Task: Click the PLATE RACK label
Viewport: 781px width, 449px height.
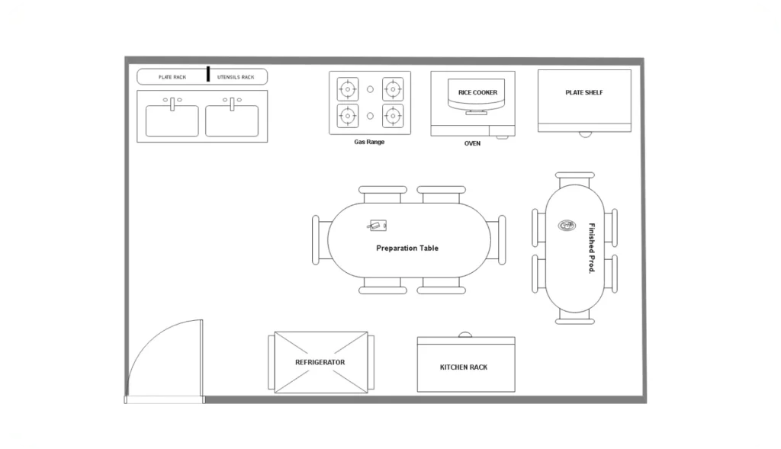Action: click(172, 77)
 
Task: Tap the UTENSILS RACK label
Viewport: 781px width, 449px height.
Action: click(236, 77)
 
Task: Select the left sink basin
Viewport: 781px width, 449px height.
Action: click(172, 120)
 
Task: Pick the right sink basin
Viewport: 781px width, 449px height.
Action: click(232, 120)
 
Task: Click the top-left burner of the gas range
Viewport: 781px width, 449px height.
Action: click(348, 89)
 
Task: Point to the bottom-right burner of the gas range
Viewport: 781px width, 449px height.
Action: click(393, 116)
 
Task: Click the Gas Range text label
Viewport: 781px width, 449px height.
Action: click(369, 142)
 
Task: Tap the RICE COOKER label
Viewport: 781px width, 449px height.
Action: click(477, 93)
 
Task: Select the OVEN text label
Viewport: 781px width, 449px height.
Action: click(473, 143)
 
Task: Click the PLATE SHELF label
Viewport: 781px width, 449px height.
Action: click(584, 93)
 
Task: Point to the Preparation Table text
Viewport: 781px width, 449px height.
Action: click(407, 248)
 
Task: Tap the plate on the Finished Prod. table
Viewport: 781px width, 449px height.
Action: click(567, 225)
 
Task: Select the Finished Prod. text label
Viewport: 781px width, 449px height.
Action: click(591, 249)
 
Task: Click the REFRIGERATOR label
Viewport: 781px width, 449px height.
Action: click(320, 362)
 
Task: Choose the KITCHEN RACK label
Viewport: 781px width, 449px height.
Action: click(464, 367)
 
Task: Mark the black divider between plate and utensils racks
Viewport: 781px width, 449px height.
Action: click(207, 74)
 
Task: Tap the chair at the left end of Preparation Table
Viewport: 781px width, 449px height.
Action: click(316, 239)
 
